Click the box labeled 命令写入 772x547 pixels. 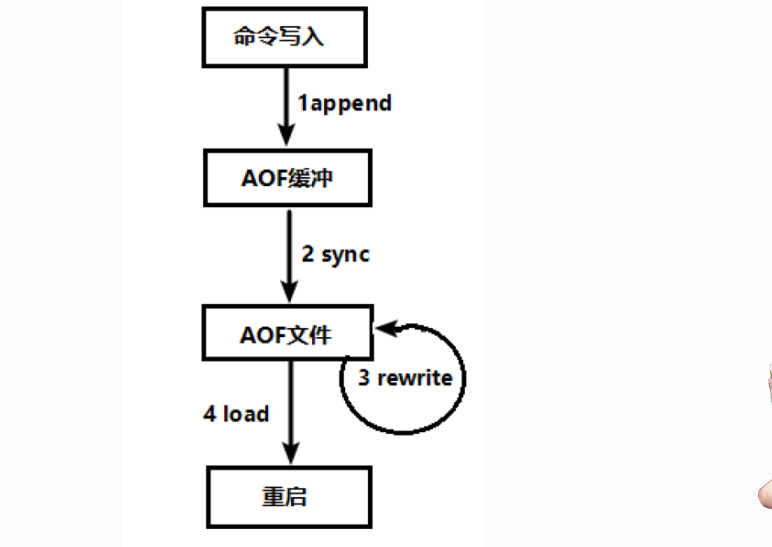[285, 37]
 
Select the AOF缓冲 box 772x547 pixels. [287, 178]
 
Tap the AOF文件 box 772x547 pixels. [287, 333]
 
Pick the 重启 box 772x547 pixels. [289, 497]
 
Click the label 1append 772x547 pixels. [344, 103]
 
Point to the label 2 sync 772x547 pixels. [336, 254]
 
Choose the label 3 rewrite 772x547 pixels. [405, 378]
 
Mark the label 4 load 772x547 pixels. [236, 414]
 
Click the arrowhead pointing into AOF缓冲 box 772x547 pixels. [286, 135]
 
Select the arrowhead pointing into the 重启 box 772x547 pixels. [291, 452]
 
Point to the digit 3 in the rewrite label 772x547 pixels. [364, 378]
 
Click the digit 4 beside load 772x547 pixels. [210, 414]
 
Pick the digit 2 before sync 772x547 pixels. [308, 253]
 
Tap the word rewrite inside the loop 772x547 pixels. [415, 378]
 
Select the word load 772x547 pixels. [246, 414]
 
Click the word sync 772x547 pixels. [345, 255]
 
